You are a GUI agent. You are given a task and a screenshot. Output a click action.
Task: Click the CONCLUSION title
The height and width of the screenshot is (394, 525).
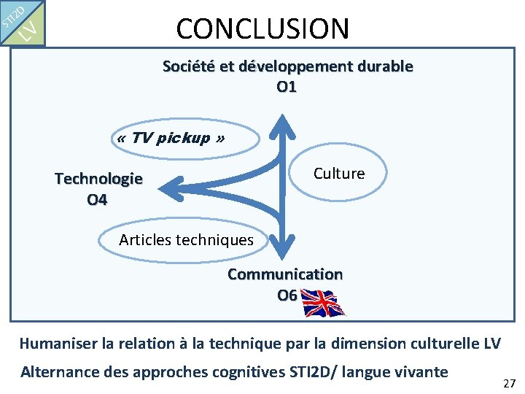pyautogui.click(x=262, y=28)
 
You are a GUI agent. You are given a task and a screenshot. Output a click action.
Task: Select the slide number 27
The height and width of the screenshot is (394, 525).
pyautogui.click(x=509, y=383)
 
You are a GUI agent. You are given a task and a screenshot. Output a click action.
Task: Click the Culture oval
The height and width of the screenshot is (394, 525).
pyautogui.click(x=338, y=174)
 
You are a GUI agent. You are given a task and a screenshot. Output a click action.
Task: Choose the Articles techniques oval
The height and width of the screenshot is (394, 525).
pyautogui.click(x=186, y=239)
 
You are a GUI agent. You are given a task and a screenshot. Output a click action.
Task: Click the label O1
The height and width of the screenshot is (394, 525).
pyautogui.click(x=287, y=87)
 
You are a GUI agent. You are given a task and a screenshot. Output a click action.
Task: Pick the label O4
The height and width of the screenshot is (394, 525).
pyautogui.click(x=97, y=198)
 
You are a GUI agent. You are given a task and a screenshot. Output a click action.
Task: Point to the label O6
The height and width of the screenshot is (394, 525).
pyautogui.click(x=287, y=295)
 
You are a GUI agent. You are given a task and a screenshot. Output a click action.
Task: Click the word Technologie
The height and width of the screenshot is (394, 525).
pyautogui.click(x=98, y=179)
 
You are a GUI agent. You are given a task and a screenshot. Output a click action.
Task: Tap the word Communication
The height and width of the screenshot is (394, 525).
pyautogui.click(x=284, y=274)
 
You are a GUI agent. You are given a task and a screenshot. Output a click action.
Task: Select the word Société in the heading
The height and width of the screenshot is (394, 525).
pyautogui.click(x=188, y=66)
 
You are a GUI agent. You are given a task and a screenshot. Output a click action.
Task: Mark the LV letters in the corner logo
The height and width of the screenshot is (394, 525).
pyautogui.click(x=26, y=31)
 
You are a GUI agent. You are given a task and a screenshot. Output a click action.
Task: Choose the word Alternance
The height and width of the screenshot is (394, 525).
pyautogui.click(x=62, y=371)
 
